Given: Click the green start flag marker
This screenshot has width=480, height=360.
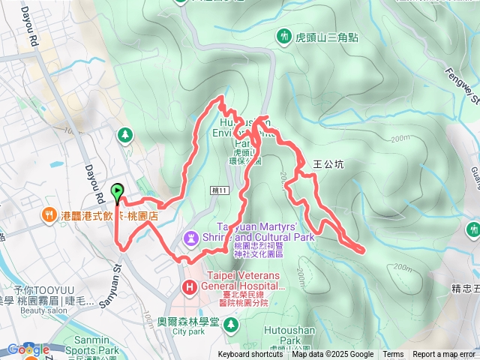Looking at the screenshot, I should tap(118, 193).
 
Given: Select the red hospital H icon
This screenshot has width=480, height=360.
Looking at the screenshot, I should tap(190, 286).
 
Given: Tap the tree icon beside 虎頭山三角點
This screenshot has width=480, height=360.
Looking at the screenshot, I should tap(284, 35).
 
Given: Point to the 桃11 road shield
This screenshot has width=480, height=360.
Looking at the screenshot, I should tap(218, 191).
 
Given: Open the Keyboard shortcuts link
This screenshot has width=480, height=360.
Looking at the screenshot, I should tap(250, 355).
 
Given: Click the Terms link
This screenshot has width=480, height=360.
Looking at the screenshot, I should tap(393, 355).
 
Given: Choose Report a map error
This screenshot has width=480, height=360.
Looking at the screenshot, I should tap(444, 355).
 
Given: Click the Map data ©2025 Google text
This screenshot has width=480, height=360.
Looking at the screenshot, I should tap(332, 355).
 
